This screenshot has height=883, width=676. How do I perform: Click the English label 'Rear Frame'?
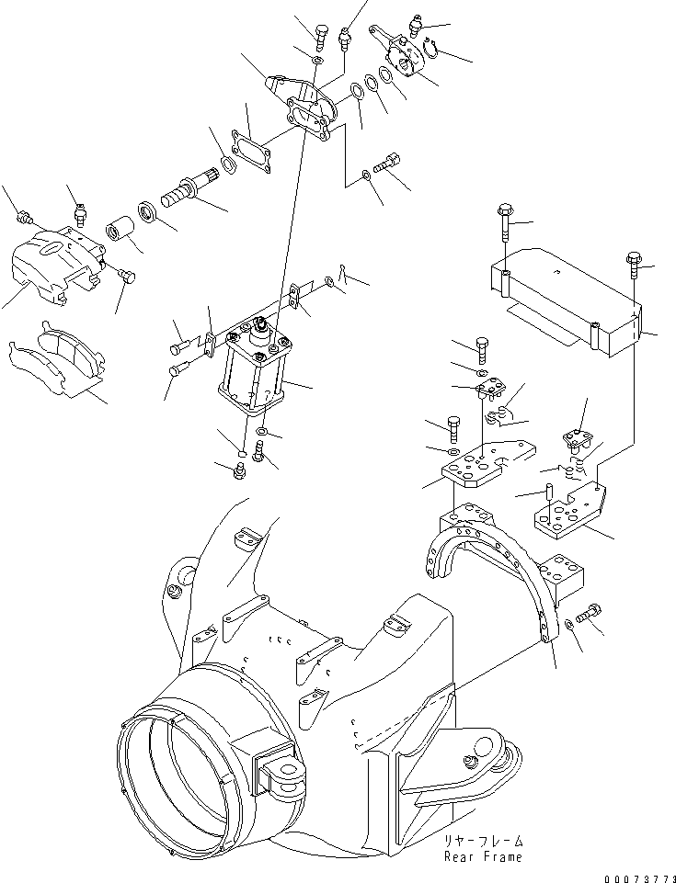pos(483,856)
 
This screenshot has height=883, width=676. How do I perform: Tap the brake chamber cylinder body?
pos(253,368)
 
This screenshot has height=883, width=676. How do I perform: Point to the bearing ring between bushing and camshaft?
pos(150,212)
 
